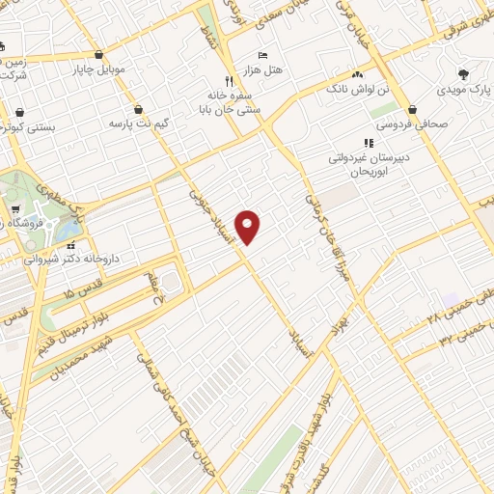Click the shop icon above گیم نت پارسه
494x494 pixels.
[141, 109]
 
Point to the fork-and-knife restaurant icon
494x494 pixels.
[229, 81]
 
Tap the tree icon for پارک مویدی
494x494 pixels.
[464, 73]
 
